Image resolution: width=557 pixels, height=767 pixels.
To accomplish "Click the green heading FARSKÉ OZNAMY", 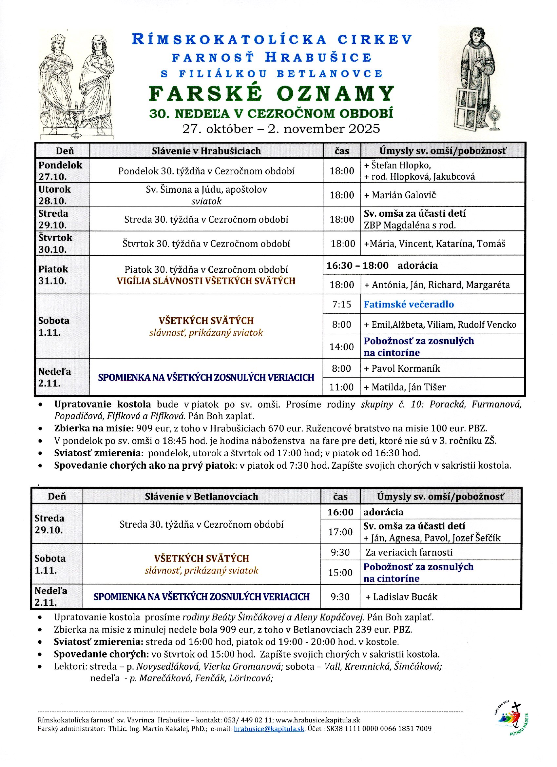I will coord(271,94).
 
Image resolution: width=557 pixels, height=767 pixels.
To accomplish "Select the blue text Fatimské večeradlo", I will coord(409,305).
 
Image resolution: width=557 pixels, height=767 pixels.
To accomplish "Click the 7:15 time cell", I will coord(341,305).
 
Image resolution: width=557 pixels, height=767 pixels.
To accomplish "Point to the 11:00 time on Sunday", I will coord(341,387).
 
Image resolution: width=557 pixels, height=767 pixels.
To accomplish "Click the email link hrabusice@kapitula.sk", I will coord(269,728).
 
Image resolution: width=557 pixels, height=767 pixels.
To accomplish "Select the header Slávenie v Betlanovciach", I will coord(202,497).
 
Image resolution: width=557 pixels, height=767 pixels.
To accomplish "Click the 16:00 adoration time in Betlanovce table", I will coord(340,512).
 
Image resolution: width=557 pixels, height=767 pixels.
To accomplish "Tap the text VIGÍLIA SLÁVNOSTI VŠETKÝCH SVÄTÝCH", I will coord(206,281).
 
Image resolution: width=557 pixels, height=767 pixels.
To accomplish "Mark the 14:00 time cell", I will coord(341,347).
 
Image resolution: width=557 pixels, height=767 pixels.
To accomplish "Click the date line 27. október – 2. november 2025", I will coord(281,129).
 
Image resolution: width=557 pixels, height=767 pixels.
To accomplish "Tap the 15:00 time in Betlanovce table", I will coord(340,573).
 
